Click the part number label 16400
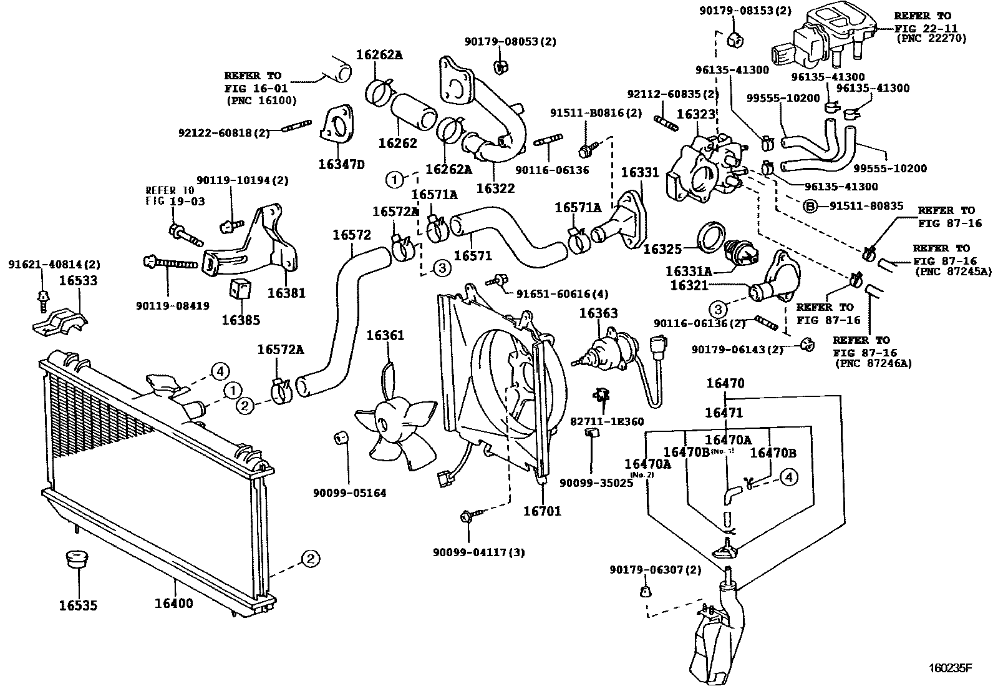[173, 604]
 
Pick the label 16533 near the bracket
[78, 280]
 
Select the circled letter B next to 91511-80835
[809, 205]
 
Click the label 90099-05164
[349, 492]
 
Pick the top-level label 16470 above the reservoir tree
[725, 383]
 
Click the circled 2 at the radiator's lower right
[311, 558]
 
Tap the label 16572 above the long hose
[351, 235]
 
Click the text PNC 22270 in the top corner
[931, 38]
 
